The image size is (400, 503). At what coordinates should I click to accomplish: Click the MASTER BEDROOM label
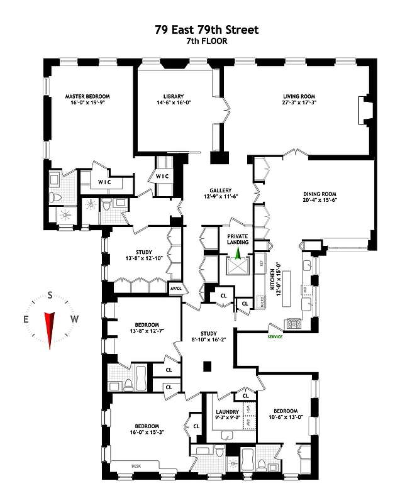(x=87, y=96)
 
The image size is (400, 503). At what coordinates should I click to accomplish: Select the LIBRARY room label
(x=172, y=96)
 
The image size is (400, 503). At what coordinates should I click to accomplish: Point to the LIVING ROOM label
(x=299, y=96)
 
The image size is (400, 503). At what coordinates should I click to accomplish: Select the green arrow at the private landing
(x=238, y=253)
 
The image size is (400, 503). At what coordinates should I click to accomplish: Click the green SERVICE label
(x=275, y=337)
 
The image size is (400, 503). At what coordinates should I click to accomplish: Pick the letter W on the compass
(x=74, y=319)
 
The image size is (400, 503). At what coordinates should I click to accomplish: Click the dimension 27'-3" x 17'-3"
(x=299, y=102)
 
